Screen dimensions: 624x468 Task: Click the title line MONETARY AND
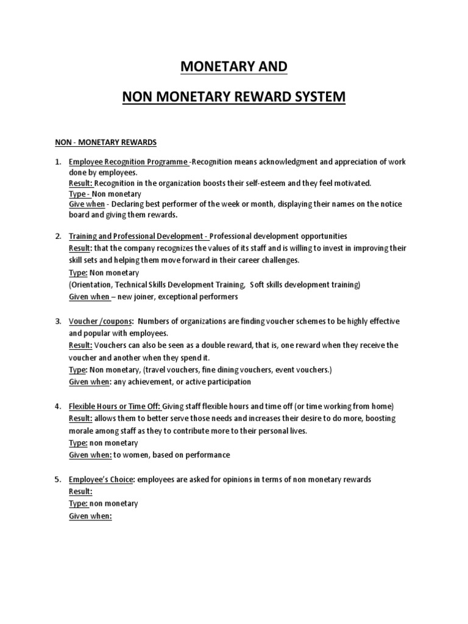click(x=233, y=66)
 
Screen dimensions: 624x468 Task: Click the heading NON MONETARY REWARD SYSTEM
click(x=233, y=96)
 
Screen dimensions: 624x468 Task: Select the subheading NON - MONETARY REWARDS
click(x=105, y=143)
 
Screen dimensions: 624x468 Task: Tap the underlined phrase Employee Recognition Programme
click(x=129, y=161)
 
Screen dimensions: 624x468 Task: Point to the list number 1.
click(x=58, y=161)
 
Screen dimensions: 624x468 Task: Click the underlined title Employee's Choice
click(x=102, y=480)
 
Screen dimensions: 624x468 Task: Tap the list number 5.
click(x=58, y=480)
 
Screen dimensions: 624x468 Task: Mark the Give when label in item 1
click(x=87, y=204)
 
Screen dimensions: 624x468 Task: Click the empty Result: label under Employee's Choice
click(x=80, y=492)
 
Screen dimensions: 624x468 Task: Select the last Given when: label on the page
click(x=90, y=516)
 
